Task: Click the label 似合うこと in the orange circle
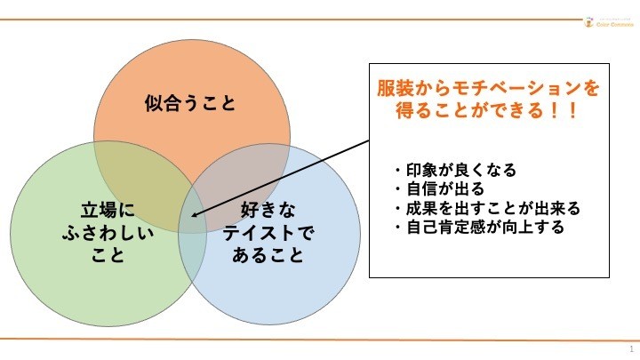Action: pos(190,104)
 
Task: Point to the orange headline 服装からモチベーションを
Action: pos(487,90)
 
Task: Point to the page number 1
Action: pos(630,348)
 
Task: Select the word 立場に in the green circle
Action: pos(114,212)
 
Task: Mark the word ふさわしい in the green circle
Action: pos(114,235)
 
